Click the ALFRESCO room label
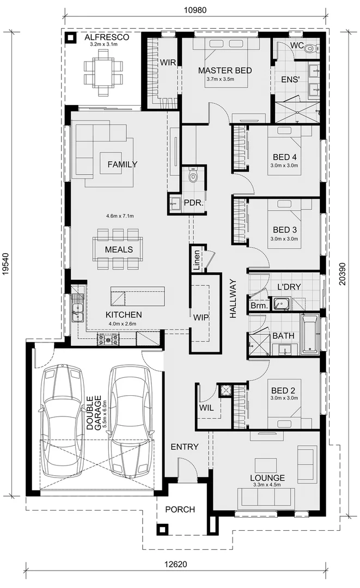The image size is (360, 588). click(x=107, y=38)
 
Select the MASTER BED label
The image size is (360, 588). click(x=225, y=71)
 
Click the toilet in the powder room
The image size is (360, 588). click(x=192, y=176)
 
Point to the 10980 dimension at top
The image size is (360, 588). click(x=194, y=10)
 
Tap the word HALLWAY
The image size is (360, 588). click(x=233, y=298)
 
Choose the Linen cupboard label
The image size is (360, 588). click(x=197, y=260)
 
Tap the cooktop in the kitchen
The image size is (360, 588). click(x=108, y=340)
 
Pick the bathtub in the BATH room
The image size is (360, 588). click(x=311, y=334)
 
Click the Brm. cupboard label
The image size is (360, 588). click(x=258, y=306)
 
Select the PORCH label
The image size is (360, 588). click(x=180, y=510)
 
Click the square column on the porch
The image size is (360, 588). click(x=162, y=529)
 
